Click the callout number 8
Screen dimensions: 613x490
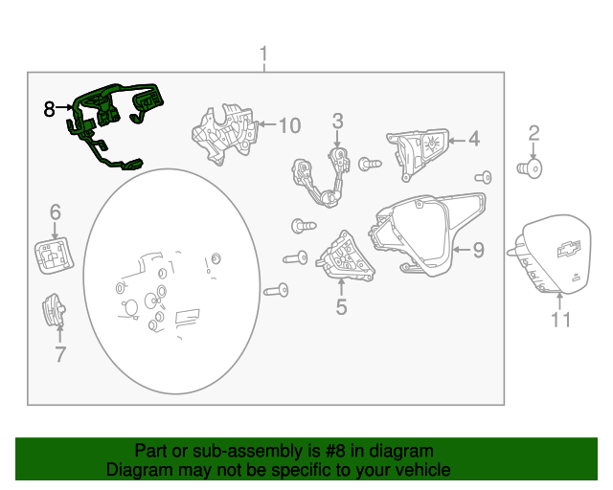[x=49, y=109]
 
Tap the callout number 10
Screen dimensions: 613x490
[x=289, y=125]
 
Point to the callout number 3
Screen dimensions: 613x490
[x=338, y=122]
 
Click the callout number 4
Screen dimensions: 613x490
[x=474, y=139]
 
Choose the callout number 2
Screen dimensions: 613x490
[x=534, y=134]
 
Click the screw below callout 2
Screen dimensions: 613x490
[x=530, y=168]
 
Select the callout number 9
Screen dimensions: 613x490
[x=479, y=250]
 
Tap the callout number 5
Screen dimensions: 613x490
[x=341, y=307]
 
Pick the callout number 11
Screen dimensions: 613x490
[x=560, y=320]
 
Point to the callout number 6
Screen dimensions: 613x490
[x=56, y=212]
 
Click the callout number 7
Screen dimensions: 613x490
[x=59, y=354]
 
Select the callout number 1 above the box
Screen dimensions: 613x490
[x=264, y=54]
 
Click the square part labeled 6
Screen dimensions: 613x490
[x=54, y=256]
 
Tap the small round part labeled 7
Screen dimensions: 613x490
[x=54, y=310]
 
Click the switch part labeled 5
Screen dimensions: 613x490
[x=345, y=257]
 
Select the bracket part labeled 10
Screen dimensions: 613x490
[x=225, y=134]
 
